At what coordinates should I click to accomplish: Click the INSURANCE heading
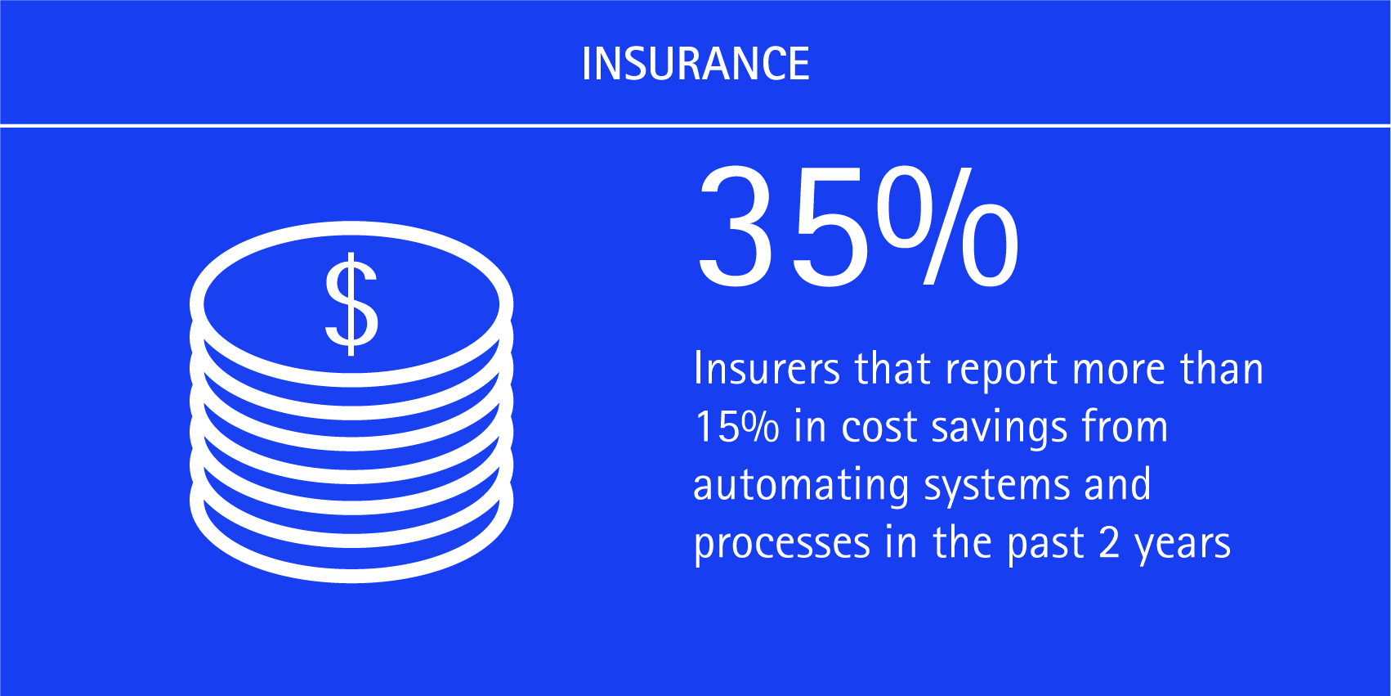coord(695,64)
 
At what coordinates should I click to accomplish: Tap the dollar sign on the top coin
coord(351,304)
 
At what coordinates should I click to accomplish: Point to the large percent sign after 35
coord(948,226)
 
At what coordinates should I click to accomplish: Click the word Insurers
coord(767,369)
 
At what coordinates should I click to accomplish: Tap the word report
coord(1002,370)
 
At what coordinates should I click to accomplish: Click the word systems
coord(997,488)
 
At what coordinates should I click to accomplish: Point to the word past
coord(1046,545)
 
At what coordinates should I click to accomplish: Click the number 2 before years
coord(1109,542)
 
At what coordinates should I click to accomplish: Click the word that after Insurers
coord(893,368)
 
